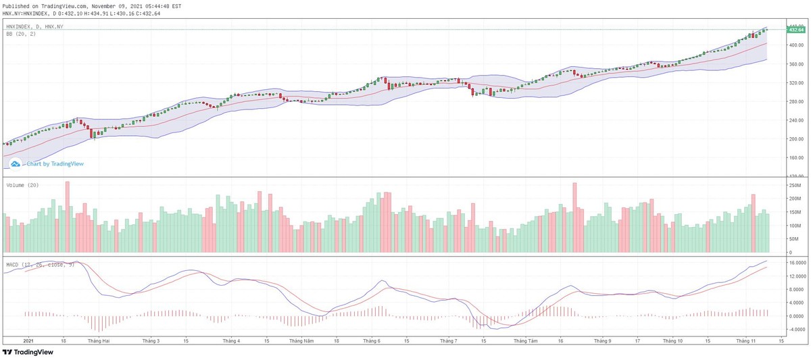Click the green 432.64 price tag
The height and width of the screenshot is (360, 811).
(x=795, y=30)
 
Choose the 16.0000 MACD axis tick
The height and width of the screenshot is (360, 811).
(x=795, y=262)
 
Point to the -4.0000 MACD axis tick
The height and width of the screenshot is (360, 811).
(x=795, y=329)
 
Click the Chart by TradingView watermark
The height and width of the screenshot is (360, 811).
(x=55, y=163)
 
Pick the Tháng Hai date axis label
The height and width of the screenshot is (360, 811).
(x=98, y=341)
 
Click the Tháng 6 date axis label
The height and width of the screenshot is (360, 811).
(x=371, y=341)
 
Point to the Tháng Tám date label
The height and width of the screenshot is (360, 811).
(x=524, y=341)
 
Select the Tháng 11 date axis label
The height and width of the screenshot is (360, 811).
(x=747, y=341)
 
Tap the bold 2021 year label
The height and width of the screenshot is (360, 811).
(x=29, y=341)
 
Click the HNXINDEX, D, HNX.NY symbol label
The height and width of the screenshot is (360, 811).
(x=34, y=26)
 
